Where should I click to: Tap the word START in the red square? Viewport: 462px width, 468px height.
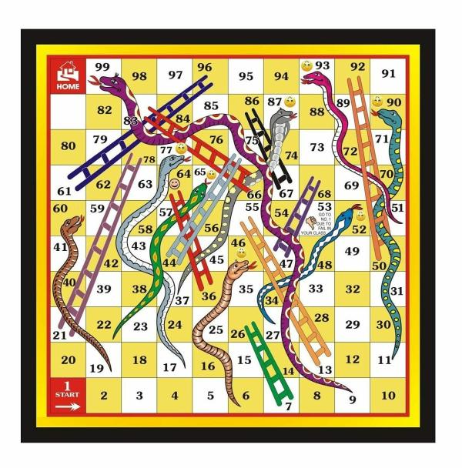[x=67, y=396]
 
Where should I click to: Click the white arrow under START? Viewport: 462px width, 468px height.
[x=67, y=406]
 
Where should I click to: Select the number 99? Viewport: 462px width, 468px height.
[x=102, y=67]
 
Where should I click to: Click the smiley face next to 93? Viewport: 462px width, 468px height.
[x=306, y=66]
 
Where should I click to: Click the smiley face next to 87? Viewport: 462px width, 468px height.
[x=290, y=101]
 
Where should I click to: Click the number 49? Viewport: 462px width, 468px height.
[x=352, y=251]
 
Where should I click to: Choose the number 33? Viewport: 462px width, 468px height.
[x=316, y=289]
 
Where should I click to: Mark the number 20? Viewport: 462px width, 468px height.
[x=68, y=359]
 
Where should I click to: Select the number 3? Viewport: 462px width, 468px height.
[x=139, y=395]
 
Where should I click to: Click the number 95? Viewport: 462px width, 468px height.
[x=246, y=76]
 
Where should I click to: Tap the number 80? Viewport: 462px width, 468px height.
[x=68, y=145]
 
